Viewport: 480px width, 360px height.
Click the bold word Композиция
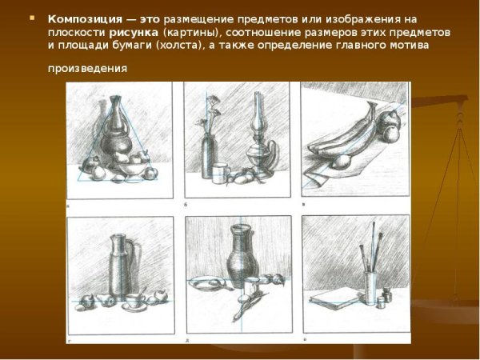(85, 19)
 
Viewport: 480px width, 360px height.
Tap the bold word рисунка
(134, 33)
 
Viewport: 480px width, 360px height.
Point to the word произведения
(87, 68)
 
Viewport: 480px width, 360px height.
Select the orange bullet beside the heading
(32, 18)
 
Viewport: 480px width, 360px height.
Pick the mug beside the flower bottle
(221, 174)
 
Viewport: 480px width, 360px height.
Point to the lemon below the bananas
(341, 162)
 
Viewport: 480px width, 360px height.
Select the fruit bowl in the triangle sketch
(132, 168)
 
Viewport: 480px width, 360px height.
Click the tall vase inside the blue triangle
(115, 129)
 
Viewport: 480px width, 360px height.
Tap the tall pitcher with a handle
(122, 266)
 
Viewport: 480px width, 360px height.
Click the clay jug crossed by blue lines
(242, 256)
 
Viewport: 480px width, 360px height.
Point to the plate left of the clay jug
(206, 283)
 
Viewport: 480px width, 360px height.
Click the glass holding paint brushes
(370, 287)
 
